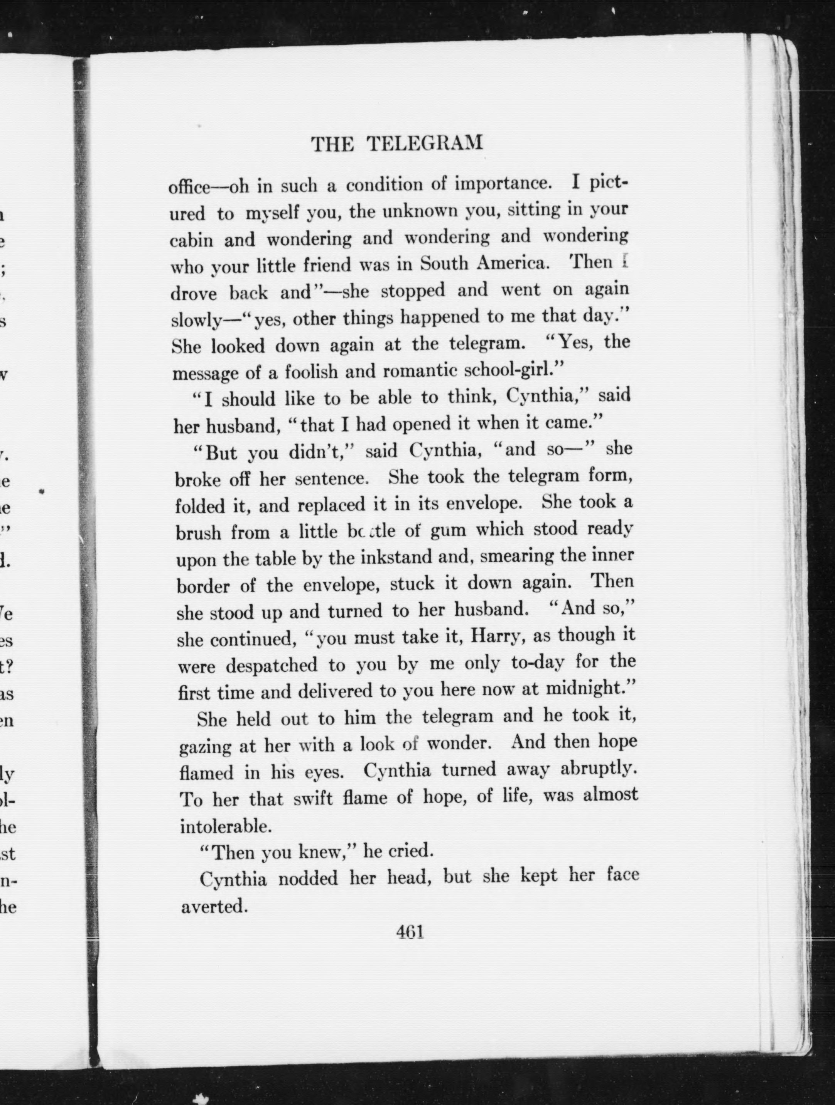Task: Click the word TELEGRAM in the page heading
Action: (x=425, y=144)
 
